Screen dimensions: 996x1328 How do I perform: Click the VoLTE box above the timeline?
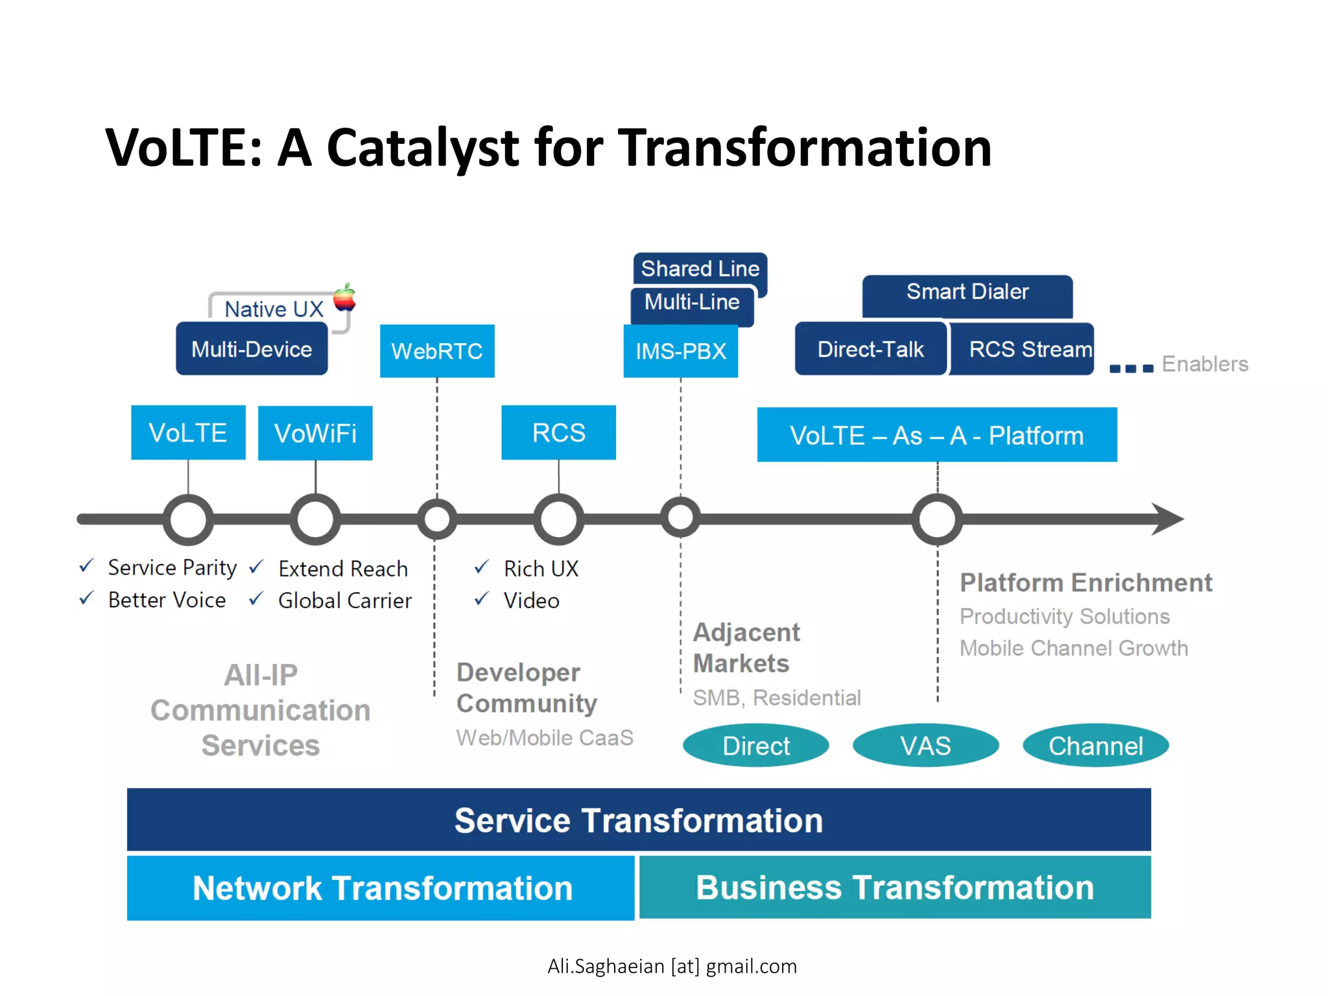click(x=188, y=433)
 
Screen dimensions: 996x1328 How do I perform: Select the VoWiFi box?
click(x=315, y=433)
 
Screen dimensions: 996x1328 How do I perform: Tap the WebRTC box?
click(x=437, y=351)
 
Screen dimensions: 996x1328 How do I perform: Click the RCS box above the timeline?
click(x=558, y=433)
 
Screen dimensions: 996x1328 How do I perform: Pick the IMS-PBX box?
click(x=680, y=351)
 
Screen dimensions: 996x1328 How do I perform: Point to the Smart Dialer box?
click(x=967, y=292)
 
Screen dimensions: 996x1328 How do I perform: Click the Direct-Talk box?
click(x=870, y=350)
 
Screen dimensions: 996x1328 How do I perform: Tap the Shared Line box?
click(x=700, y=268)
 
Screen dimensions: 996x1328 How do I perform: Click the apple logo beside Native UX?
click(x=345, y=298)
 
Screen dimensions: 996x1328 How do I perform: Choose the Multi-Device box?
click(x=252, y=350)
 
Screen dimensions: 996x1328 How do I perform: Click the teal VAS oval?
click(x=925, y=746)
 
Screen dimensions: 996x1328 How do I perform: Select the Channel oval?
click(x=1095, y=746)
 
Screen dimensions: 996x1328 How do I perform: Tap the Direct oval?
click(x=755, y=746)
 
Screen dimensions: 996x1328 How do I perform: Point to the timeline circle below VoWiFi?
click(x=315, y=519)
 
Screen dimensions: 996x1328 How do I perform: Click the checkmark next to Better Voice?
click(x=86, y=598)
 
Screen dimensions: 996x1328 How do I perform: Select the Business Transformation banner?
click(x=895, y=887)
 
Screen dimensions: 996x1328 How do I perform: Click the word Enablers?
click(x=1205, y=364)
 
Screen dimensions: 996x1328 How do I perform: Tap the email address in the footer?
click(x=672, y=966)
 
